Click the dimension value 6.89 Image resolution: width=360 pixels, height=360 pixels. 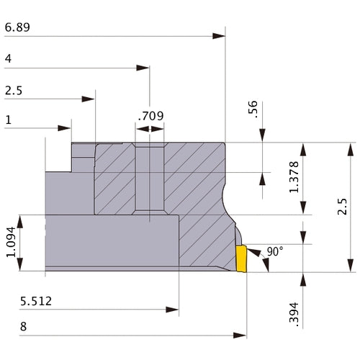click(17, 27)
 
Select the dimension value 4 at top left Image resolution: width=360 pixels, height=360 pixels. click(8, 59)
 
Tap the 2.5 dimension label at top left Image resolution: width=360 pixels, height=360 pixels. click(14, 91)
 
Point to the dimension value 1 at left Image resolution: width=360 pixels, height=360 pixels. click(8, 120)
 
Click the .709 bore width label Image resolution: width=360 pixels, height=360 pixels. click(150, 115)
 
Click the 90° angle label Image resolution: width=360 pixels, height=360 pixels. click(275, 251)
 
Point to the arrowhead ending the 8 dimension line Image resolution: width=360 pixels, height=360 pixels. click(242, 336)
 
